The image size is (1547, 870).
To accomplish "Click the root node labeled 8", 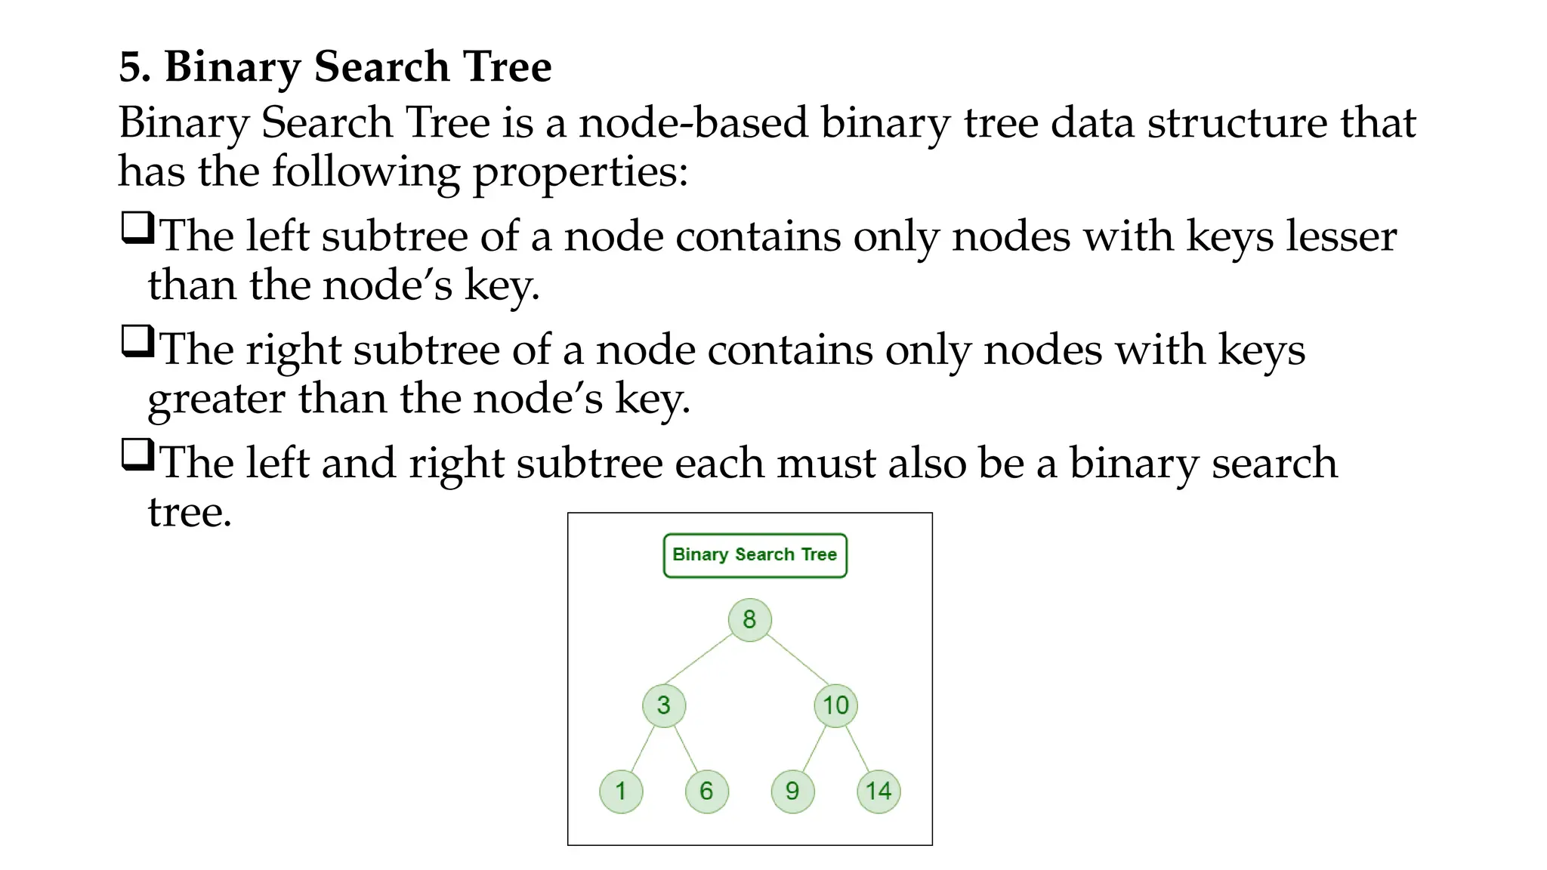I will pos(749,620).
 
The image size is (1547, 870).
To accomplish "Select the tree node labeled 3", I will pos(663,705).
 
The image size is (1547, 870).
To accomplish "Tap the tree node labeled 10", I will pos(835,705).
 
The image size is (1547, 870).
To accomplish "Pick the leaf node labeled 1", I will pos(621,791).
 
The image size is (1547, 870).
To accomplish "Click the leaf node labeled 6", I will pos(706,791).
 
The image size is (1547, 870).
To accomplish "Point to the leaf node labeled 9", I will pos(792,791).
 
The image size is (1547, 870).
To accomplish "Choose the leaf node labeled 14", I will pos(878,791).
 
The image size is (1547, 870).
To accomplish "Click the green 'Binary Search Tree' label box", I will pos(755,555).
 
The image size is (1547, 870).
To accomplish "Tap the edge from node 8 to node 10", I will pos(798,659).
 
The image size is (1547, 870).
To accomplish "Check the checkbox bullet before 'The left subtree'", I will pos(137,228).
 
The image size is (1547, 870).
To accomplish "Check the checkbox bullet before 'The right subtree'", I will pos(137,341).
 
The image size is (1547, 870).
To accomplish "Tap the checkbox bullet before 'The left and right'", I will pos(137,455).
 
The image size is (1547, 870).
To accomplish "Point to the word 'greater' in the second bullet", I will pos(216,400).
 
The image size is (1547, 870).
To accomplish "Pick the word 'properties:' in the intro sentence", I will pos(580,173).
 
